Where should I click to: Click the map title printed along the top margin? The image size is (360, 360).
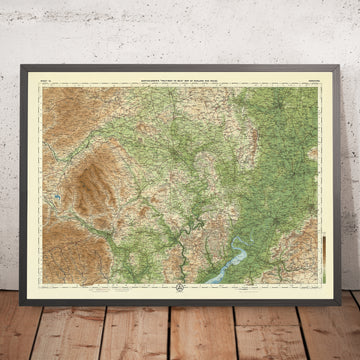pyautogui.click(x=180, y=79)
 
